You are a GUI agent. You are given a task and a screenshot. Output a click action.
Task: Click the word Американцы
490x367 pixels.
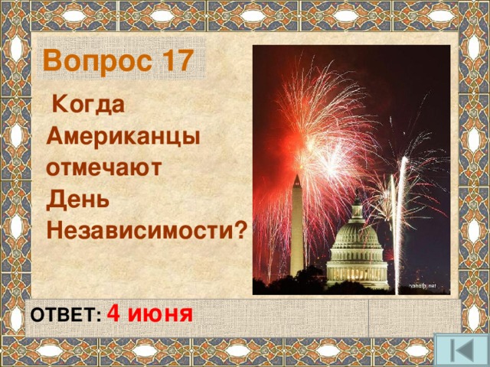(122, 136)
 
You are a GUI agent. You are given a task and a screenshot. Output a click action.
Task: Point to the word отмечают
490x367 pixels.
(103, 167)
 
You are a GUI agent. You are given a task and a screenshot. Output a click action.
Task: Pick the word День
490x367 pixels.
(77, 198)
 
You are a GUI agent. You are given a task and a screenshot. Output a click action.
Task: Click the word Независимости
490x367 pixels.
(138, 229)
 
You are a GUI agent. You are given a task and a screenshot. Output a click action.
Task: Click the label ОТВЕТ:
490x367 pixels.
(64, 317)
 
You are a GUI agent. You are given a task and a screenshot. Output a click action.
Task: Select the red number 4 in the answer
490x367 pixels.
(113, 313)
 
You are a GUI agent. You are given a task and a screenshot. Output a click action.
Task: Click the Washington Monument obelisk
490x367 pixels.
(296, 229)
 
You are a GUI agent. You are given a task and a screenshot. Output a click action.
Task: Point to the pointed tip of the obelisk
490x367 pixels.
(296, 177)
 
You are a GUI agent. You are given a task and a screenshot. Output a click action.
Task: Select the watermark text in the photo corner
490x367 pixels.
(421, 285)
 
